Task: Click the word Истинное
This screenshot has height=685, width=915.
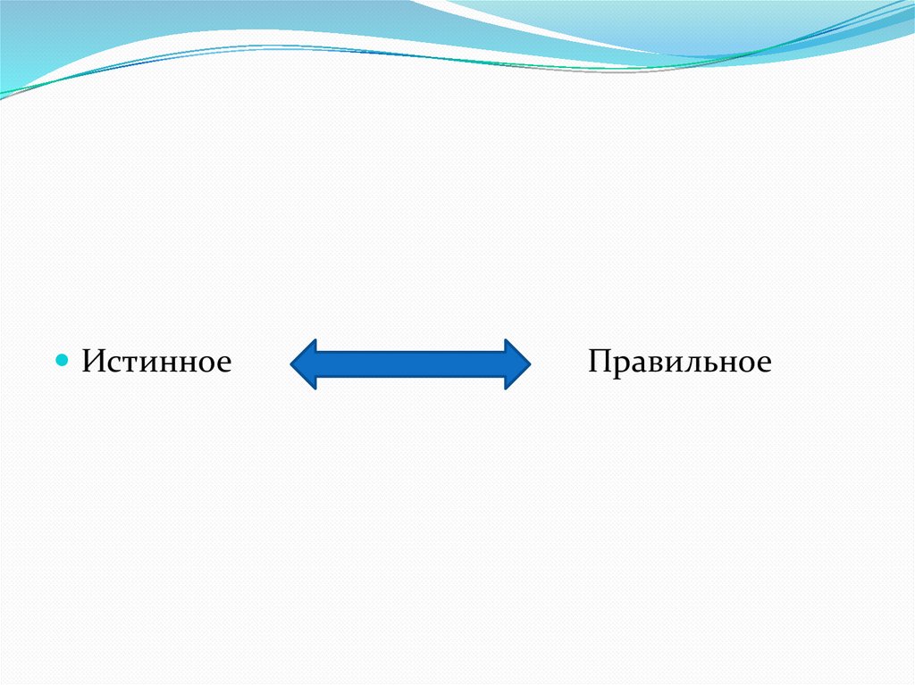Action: pos(157,362)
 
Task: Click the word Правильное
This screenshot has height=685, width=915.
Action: pos(679,362)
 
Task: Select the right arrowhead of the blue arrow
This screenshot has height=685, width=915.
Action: pos(516,363)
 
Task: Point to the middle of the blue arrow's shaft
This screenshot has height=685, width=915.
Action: pos(411,363)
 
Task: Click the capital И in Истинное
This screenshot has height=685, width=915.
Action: pos(93,362)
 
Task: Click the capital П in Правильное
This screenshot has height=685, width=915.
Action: pos(600,362)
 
